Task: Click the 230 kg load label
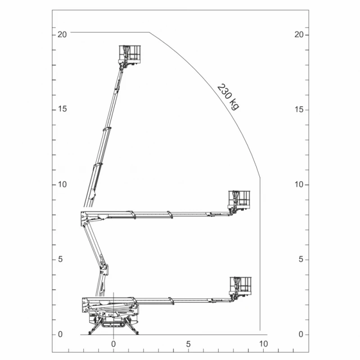(x=228, y=97)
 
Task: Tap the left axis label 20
(x=62, y=35)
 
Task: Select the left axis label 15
(x=62, y=109)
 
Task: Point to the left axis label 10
(x=62, y=184)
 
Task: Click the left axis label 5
(x=60, y=259)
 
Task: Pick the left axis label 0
(x=60, y=334)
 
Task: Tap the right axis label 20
(x=299, y=35)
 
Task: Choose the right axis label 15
(x=299, y=109)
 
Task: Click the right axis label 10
(x=299, y=184)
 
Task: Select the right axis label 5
(x=301, y=259)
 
